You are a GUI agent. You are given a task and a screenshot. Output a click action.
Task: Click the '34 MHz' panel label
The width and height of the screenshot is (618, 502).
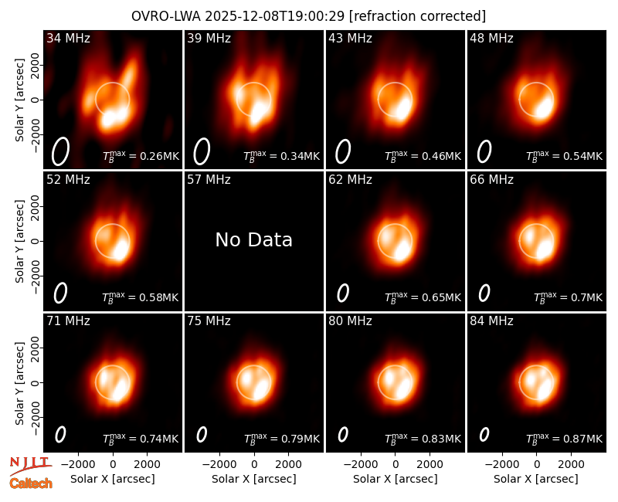[x=68, y=38]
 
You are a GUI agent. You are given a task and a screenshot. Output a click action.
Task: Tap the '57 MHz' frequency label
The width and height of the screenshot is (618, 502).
[x=209, y=180]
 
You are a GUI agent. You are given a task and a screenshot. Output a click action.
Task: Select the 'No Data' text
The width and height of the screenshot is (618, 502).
[x=254, y=239]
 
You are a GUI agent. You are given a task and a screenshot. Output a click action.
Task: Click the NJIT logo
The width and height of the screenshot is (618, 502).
[x=30, y=466]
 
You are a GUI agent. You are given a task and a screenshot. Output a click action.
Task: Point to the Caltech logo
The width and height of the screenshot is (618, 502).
[x=31, y=483]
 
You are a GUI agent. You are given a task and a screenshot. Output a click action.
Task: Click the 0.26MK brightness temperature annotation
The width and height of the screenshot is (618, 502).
[x=141, y=156]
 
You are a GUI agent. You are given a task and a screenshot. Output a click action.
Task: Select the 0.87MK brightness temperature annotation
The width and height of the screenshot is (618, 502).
[x=565, y=438]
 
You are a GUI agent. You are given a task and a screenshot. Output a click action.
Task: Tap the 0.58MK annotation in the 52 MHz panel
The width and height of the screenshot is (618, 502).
[x=141, y=297]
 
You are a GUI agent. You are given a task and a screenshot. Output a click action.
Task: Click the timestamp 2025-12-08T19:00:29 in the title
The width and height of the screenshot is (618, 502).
[x=275, y=16]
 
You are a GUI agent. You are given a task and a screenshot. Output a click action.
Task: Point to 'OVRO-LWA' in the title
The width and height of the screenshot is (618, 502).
[x=166, y=16]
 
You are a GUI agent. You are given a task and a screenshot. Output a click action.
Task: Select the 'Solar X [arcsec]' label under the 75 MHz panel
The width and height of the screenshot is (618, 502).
[x=254, y=479]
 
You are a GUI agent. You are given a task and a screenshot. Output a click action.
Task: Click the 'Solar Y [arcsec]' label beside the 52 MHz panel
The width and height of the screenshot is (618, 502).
[x=19, y=241]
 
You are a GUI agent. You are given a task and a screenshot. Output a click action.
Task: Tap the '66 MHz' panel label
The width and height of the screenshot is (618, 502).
[x=491, y=180]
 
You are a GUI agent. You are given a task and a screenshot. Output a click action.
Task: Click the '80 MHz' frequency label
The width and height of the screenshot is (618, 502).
[x=351, y=321]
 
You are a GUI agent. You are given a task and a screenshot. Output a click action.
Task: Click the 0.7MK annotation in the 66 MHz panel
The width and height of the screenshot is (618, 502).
[x=568, y=297]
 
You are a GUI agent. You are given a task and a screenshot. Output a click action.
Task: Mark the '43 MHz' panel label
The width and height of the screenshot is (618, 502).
[x=351, y=38]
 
